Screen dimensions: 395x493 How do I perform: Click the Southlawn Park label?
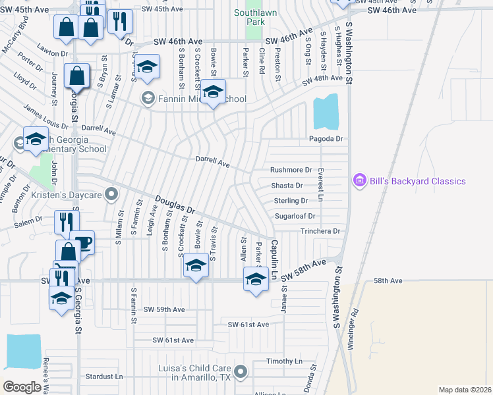249,17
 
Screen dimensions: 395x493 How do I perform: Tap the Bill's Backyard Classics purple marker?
359,180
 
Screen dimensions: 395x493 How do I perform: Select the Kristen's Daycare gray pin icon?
111,194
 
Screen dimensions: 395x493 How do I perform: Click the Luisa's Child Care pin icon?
241,372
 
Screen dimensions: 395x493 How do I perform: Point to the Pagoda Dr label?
326,139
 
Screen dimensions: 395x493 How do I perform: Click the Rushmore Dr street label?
291,170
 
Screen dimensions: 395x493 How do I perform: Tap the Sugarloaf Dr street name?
295,215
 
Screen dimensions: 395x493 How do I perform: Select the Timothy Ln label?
284,361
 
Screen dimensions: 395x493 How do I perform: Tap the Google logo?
22,387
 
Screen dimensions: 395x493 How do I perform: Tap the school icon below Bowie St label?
196,265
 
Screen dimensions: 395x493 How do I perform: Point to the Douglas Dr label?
175,205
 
